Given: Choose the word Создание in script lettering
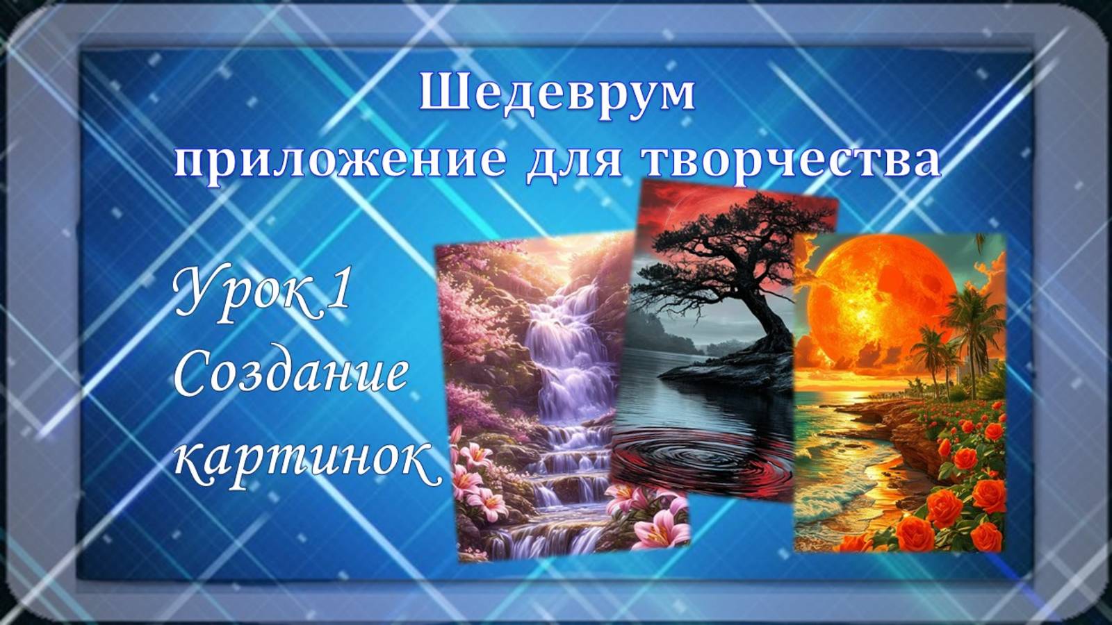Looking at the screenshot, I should (290, 375).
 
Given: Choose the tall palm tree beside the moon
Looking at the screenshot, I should (973, 326).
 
